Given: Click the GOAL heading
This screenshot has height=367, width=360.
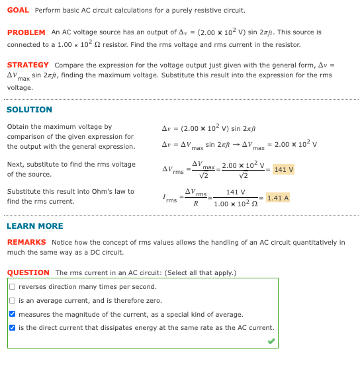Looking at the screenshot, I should (x=18, y=11).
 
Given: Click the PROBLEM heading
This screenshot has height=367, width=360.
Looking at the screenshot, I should (x=26, y=32).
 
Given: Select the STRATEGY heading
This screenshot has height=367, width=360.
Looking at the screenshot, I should (x=28, y=65).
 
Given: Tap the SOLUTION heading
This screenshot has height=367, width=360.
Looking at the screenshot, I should (x=29, y=110).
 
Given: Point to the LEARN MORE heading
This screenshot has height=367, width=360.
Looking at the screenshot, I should (x=34, y=226).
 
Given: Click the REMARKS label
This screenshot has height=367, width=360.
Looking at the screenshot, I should (x=26, y=243).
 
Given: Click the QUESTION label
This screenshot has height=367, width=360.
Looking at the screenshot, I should (x=28, y=272).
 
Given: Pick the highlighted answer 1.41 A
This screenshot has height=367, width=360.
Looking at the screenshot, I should (x=277, y=198).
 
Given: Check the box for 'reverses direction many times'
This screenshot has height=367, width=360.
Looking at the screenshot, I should (x=13, y=287).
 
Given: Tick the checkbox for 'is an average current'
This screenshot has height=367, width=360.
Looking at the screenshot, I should (x=13, y=301).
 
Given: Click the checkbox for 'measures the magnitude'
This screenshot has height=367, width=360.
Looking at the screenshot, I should (x=13, y=315).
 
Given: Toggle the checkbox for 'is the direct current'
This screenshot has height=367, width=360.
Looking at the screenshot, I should (x=13, y=328).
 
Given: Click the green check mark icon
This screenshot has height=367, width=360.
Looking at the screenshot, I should (x=271, y=341).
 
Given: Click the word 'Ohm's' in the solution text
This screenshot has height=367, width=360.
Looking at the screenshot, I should (x=107, y=192).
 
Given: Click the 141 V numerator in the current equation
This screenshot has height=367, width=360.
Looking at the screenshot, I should (x=236, y=192).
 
